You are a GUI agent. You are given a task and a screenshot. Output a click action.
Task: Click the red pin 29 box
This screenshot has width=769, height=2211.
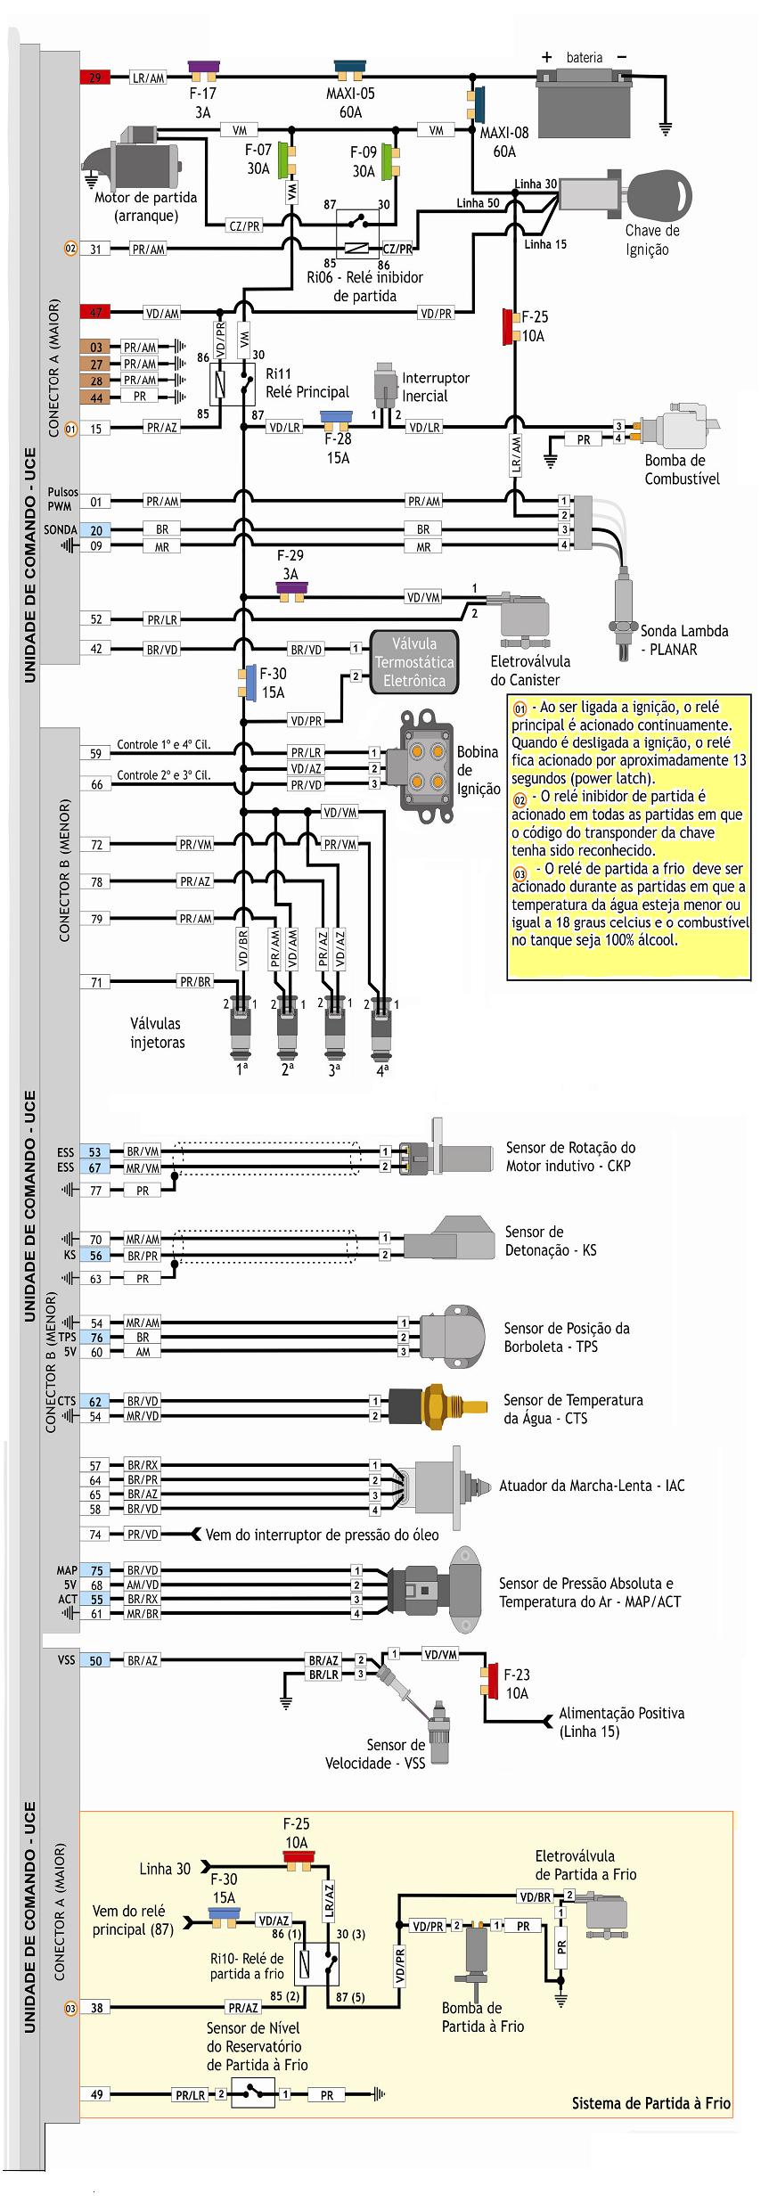click(x=94, y=78)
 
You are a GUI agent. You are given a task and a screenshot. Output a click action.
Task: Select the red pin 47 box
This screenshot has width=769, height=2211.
click(x=94, y=313)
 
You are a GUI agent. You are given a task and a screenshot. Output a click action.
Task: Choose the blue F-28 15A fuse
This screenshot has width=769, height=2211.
click(x=336, y=417)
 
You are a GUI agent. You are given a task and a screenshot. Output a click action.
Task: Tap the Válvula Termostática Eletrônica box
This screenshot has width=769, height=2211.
click(x=413, y=662)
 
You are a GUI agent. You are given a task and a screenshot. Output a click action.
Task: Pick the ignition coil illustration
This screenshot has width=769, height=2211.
click(x=426, y=761)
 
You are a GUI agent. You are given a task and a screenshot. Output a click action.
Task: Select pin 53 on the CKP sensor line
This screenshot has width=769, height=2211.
click(x=94, y=1152)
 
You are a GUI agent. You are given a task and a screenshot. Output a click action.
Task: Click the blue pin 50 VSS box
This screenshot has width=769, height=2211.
click(x=94, y=1660)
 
